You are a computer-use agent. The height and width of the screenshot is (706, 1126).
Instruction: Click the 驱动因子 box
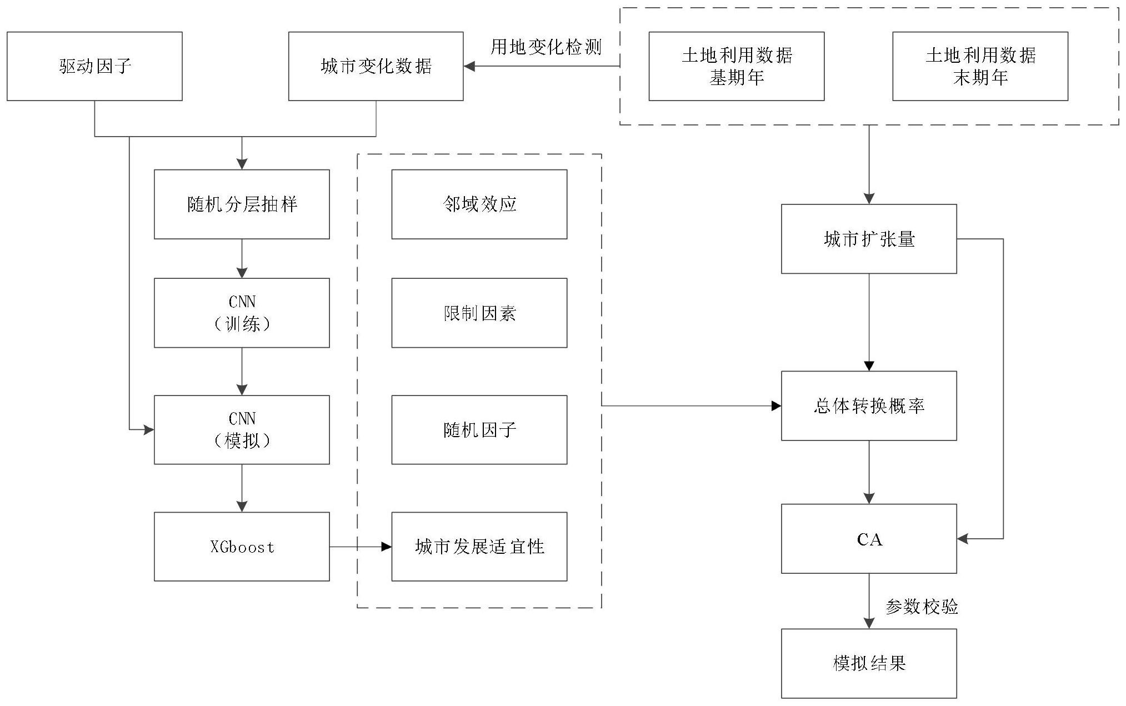pos(94,66)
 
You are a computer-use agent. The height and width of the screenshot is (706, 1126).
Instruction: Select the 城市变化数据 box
pos(376,66)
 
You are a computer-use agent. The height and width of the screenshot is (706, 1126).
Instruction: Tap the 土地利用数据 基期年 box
pos(736,66)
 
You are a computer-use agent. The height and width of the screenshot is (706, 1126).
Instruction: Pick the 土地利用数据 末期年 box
pos(980,66)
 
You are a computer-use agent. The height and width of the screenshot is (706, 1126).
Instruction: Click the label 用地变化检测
pos(546,47)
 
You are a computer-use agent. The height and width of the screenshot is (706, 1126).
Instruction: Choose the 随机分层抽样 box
pos(242,204)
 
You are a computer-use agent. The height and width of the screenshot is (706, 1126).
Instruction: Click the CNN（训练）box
pos(242,313)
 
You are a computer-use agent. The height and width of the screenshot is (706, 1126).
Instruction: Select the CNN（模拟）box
pos(242,429)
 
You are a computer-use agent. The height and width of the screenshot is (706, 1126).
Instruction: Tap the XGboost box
pos(242,547)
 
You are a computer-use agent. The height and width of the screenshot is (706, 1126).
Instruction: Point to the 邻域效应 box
pos(479,204)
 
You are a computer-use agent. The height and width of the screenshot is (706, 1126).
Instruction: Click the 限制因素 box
pos(479,313)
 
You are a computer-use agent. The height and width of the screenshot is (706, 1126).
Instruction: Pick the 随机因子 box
pos(479,429)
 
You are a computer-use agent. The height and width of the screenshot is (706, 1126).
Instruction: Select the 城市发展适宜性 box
pos(479,547)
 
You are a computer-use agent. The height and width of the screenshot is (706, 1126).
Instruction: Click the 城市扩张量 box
pos(869,239)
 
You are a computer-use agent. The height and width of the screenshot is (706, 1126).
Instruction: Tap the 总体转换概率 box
pos(869,405)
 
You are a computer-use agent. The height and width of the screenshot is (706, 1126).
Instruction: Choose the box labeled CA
pos(869,539)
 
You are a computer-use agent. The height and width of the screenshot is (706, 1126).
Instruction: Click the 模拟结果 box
pos(869,663)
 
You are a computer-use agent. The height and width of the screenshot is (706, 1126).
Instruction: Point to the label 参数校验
pos(922,607)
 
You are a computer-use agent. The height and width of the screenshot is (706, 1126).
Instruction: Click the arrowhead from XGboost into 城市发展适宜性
pos(387,547)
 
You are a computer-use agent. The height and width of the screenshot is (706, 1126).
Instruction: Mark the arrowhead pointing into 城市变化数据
pos(469,66)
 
